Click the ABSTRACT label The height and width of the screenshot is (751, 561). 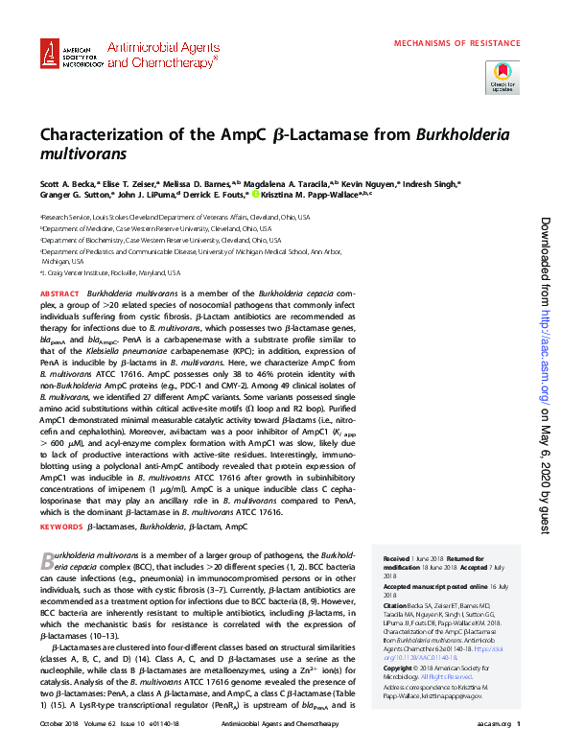(x=59, y=293)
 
